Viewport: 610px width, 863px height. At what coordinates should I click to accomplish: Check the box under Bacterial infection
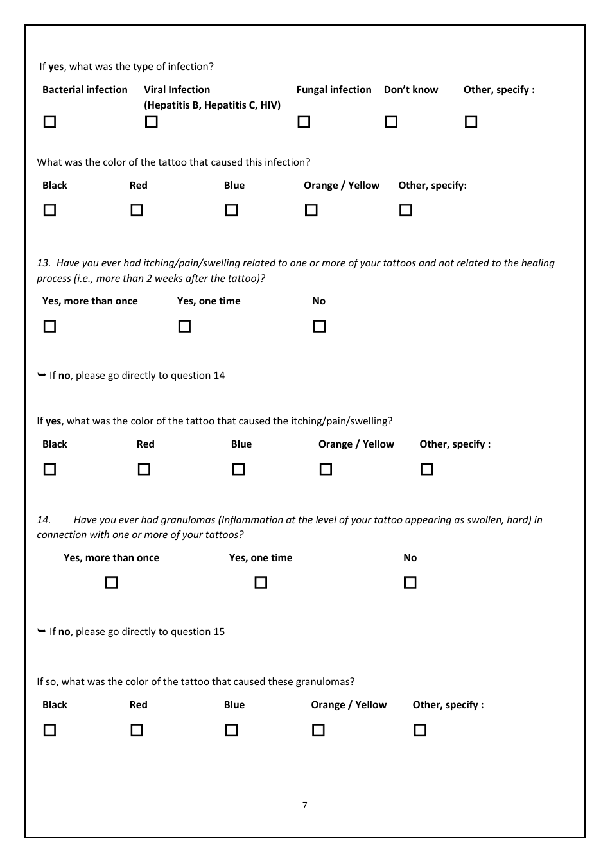point(49,121)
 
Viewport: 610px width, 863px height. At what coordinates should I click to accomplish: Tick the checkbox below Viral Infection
point(152,121)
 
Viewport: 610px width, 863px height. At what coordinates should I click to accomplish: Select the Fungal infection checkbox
point(304,121)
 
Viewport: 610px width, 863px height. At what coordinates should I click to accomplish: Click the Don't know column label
point(410,90)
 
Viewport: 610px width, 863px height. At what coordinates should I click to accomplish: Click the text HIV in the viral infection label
point(270,105)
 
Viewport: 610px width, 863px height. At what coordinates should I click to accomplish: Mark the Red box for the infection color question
point(137,210)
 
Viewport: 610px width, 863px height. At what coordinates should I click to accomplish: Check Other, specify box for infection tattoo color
point(405,210)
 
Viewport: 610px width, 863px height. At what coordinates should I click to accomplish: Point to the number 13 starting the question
point(43,263)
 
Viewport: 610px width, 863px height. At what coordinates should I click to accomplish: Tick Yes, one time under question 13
point(184,326)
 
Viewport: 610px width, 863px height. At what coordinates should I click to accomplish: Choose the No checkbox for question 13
point(319,326)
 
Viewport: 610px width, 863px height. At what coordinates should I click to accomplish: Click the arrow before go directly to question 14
point(42,375)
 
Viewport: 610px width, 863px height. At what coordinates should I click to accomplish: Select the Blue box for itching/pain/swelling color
point(238,469)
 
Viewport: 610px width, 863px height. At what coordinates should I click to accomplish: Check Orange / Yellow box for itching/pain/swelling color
point(326,469)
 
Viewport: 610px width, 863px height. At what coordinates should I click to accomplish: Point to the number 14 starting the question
point(43,520)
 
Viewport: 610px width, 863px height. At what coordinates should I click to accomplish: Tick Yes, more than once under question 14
point(112,582)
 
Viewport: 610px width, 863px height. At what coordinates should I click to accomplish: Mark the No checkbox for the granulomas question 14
point(410,582)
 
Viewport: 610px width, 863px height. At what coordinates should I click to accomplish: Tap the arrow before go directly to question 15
point(42,631)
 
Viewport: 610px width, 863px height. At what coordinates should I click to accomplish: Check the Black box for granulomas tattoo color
point(49,729)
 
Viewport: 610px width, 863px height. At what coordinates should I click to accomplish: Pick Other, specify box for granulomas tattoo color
point(420,729)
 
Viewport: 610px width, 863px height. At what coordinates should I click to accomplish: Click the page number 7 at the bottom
point(305,805)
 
